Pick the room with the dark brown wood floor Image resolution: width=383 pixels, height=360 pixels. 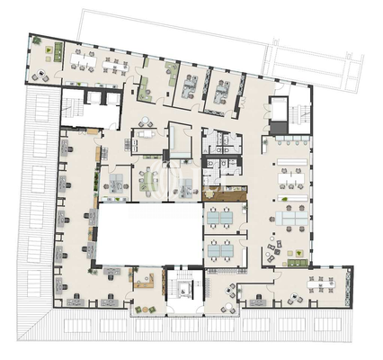click(x=224, y=193)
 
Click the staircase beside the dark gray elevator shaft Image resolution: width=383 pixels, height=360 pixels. click(x=298, y=112)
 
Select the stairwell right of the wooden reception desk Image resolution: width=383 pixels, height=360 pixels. click(x=185, y=288)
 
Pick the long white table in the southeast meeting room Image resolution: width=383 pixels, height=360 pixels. click(x=320, y=283)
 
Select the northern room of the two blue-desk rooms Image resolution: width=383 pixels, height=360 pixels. click(x=221, y=219)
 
